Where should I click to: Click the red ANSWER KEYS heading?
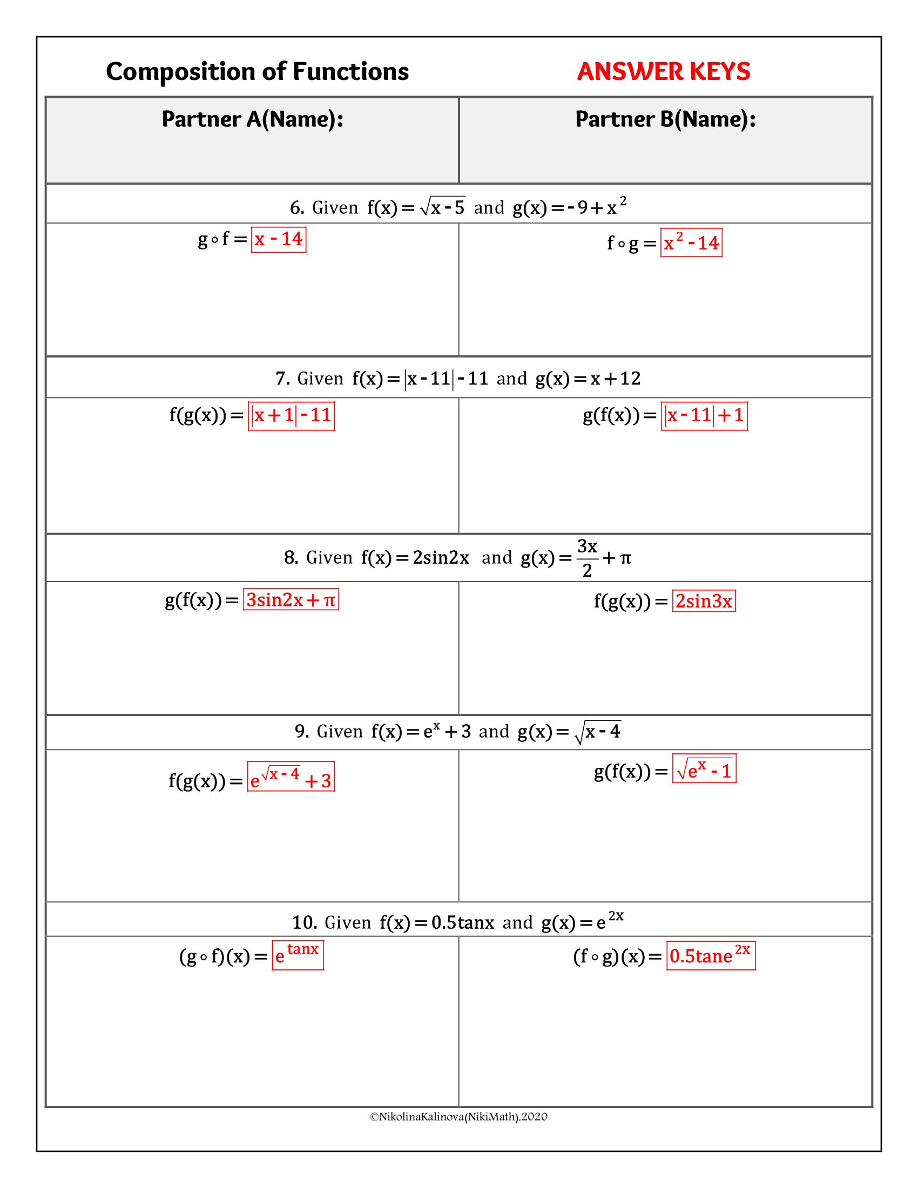664,71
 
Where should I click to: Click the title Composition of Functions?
257,72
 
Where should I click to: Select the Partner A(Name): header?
253,119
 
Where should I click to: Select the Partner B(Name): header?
666,119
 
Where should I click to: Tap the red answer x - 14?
279,239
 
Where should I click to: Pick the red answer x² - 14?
691,242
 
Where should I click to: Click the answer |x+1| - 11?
292,416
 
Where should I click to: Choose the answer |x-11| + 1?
704,416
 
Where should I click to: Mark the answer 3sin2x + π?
291,599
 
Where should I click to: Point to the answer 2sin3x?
704,601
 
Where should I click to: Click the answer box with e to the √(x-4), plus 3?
291,776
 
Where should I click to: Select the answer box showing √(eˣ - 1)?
704,768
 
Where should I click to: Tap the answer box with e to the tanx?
298,955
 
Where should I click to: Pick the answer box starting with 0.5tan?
711,955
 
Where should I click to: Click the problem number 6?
297,208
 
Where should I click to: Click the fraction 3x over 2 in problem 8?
588,558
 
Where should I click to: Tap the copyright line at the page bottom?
458,1117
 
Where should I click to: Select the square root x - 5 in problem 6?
443,206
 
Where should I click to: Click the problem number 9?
302,731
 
